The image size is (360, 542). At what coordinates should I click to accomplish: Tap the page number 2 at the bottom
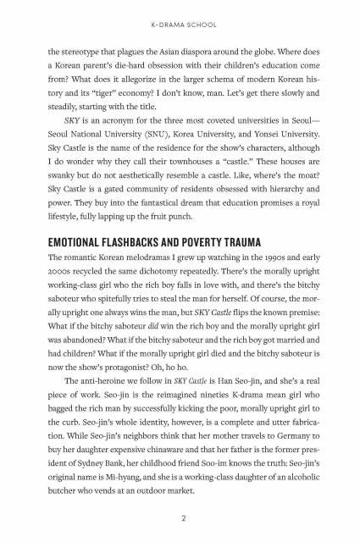click(180, 517)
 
